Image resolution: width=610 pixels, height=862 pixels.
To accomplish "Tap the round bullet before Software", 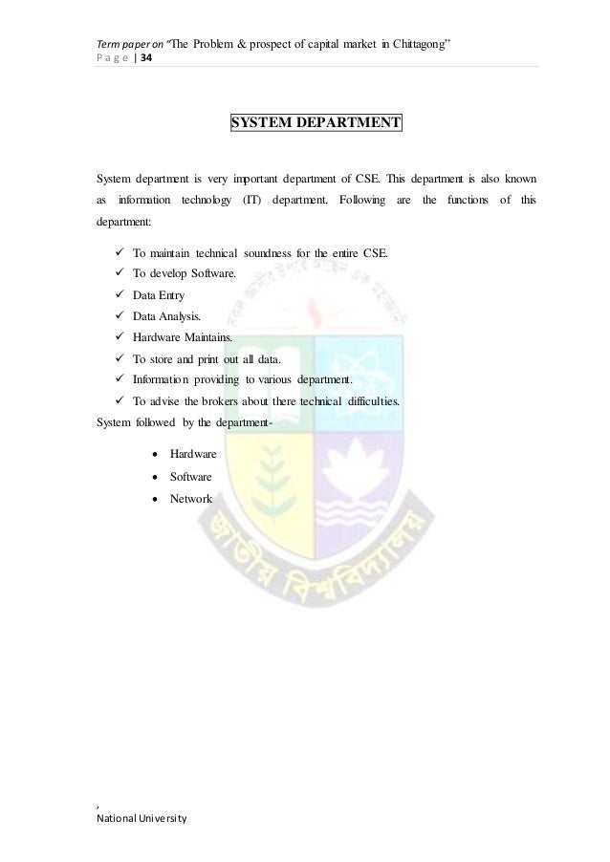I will (x=149, y=476).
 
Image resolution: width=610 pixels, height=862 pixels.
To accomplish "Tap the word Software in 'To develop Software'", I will (x=223, y=273).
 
